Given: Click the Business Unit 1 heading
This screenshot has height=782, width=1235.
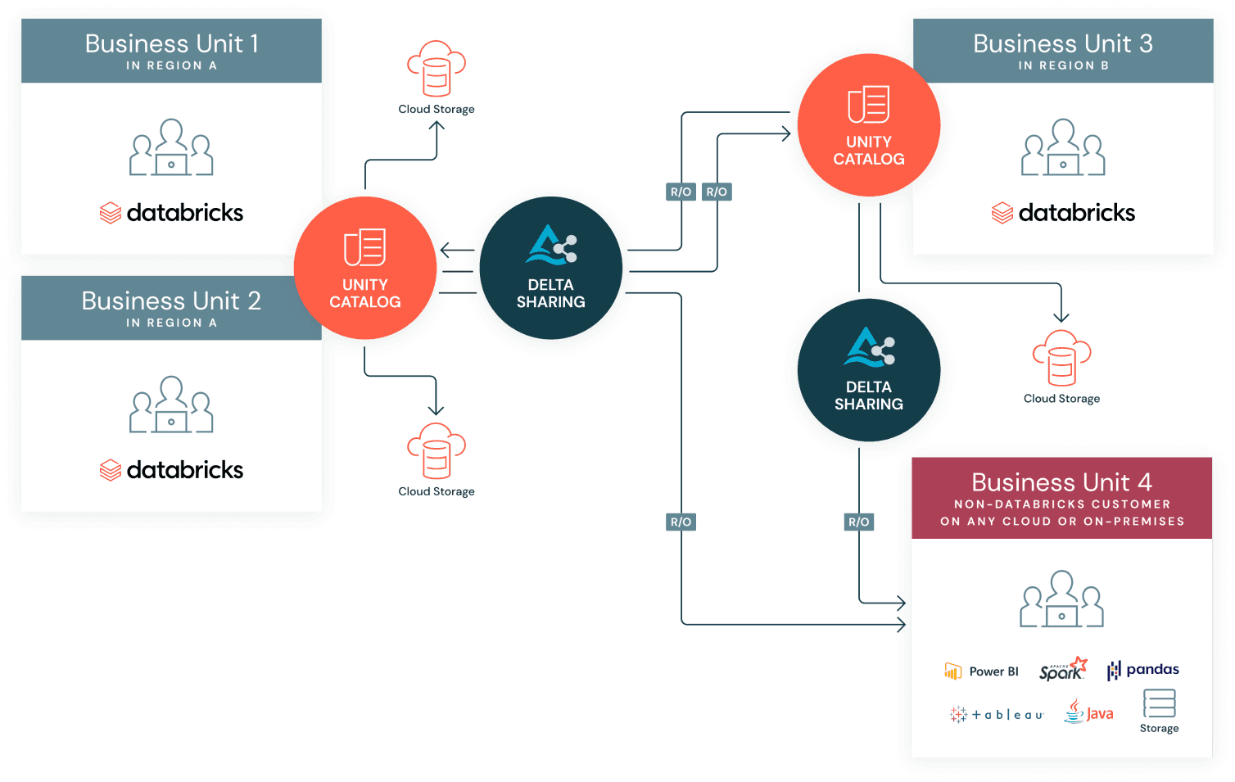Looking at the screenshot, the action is pos(171,43).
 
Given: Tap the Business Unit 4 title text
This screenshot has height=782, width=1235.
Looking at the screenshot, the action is pos(1061,482).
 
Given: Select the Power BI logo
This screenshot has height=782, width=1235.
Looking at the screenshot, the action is pos(981,671).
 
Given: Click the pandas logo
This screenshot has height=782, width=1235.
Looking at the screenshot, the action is pos(1143,670).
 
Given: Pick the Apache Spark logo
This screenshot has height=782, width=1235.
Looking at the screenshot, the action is pos(1063,669).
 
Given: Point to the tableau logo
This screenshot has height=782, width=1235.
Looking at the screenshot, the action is pos(997,715).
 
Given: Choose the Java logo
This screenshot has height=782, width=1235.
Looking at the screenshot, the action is pos(1089,712).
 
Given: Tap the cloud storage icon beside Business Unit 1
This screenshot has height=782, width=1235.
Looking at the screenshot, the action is pos(437,68).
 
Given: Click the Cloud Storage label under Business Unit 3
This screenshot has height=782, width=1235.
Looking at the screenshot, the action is pos(1061,399).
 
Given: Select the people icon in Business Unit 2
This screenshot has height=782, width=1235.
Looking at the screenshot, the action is pos(171,405).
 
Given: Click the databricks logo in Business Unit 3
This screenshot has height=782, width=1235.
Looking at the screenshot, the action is pos(1063,213).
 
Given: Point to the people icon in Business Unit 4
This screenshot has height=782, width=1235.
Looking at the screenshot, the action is pos(1061,599).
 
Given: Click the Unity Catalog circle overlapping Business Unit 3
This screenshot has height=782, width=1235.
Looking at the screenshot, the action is pos(868,125).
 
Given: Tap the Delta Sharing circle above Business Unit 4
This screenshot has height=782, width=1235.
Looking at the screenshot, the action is pos(868,370).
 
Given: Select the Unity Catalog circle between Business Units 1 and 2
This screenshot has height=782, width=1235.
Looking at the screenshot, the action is pos(365,268).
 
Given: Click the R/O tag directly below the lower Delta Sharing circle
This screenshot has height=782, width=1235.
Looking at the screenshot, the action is pos(858,522).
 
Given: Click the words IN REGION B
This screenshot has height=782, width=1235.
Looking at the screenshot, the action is pos(1063,66).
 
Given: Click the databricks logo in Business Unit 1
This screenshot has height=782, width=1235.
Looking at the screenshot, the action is pos(171,213).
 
